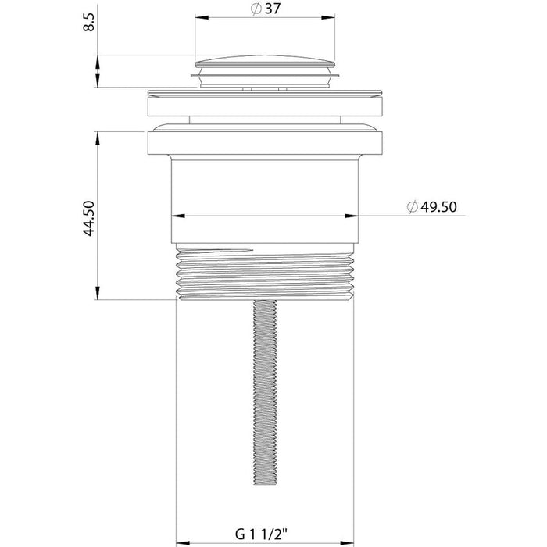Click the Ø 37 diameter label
click(x=266, y=9)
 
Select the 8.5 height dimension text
click(x=89, y=23)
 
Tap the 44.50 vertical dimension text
click(x=89, y=218)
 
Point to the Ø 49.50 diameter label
click(x=431, y=207)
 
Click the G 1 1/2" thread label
click(x=261, y=534)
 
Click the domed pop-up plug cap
click(x=265, y=62)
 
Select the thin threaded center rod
click(x=265, y=392)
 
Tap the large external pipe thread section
click(x=265, y=272)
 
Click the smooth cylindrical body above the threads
click(x=265, y=201)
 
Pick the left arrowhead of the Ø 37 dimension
click(x=202, y=17)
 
